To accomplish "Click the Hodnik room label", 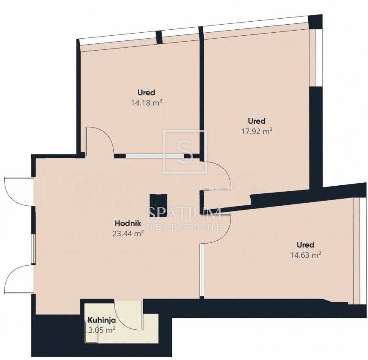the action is pos(128,223).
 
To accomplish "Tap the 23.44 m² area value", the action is pos(128,234).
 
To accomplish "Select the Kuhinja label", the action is pos(102,320).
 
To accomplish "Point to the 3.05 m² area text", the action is pos(102,331).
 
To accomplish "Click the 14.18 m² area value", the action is pos(147,103).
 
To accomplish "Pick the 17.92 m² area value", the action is pos(257,131).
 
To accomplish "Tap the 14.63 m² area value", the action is pos(306,255).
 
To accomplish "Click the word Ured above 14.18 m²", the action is pos(146,93).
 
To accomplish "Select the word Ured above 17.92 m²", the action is pos(257,121).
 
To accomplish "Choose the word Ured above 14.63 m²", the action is pos(306,245).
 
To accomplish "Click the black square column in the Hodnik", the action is pos(159,205).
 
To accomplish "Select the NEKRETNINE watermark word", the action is pos(184,226).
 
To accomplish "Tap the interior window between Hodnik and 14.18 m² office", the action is pos(155,156).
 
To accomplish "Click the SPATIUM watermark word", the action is pos(184,213).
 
